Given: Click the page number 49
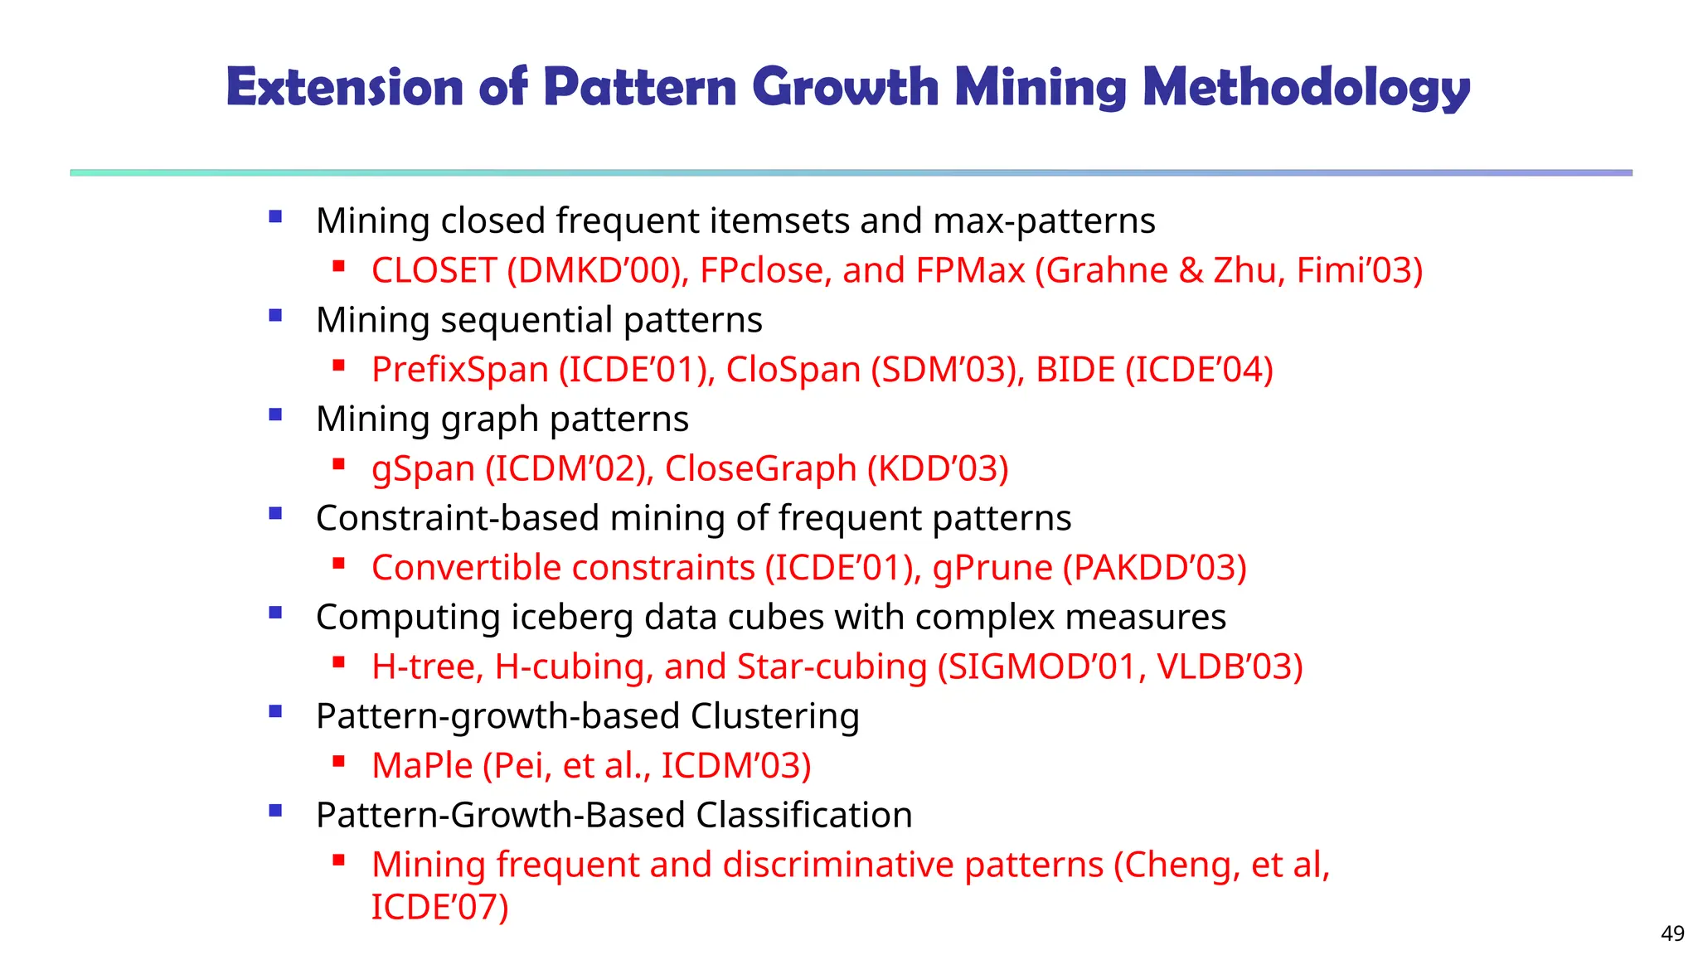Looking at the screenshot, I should click(1672, 933).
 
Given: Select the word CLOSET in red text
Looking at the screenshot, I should click(434, 271).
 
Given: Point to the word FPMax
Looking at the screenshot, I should click(970, 271).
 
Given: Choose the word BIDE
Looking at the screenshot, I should click(1075, 370).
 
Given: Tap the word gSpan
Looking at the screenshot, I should click(423, 469).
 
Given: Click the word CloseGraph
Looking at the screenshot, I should click(760, 469).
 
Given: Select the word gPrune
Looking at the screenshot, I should click(992, 568).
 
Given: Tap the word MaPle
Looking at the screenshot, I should click(422, 766).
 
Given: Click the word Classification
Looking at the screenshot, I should click(804, 816).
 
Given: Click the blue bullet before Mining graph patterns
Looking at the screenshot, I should click(276, 414).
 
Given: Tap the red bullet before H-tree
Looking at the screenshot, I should click(338, 662).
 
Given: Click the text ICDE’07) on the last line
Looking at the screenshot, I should click(439, 907).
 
